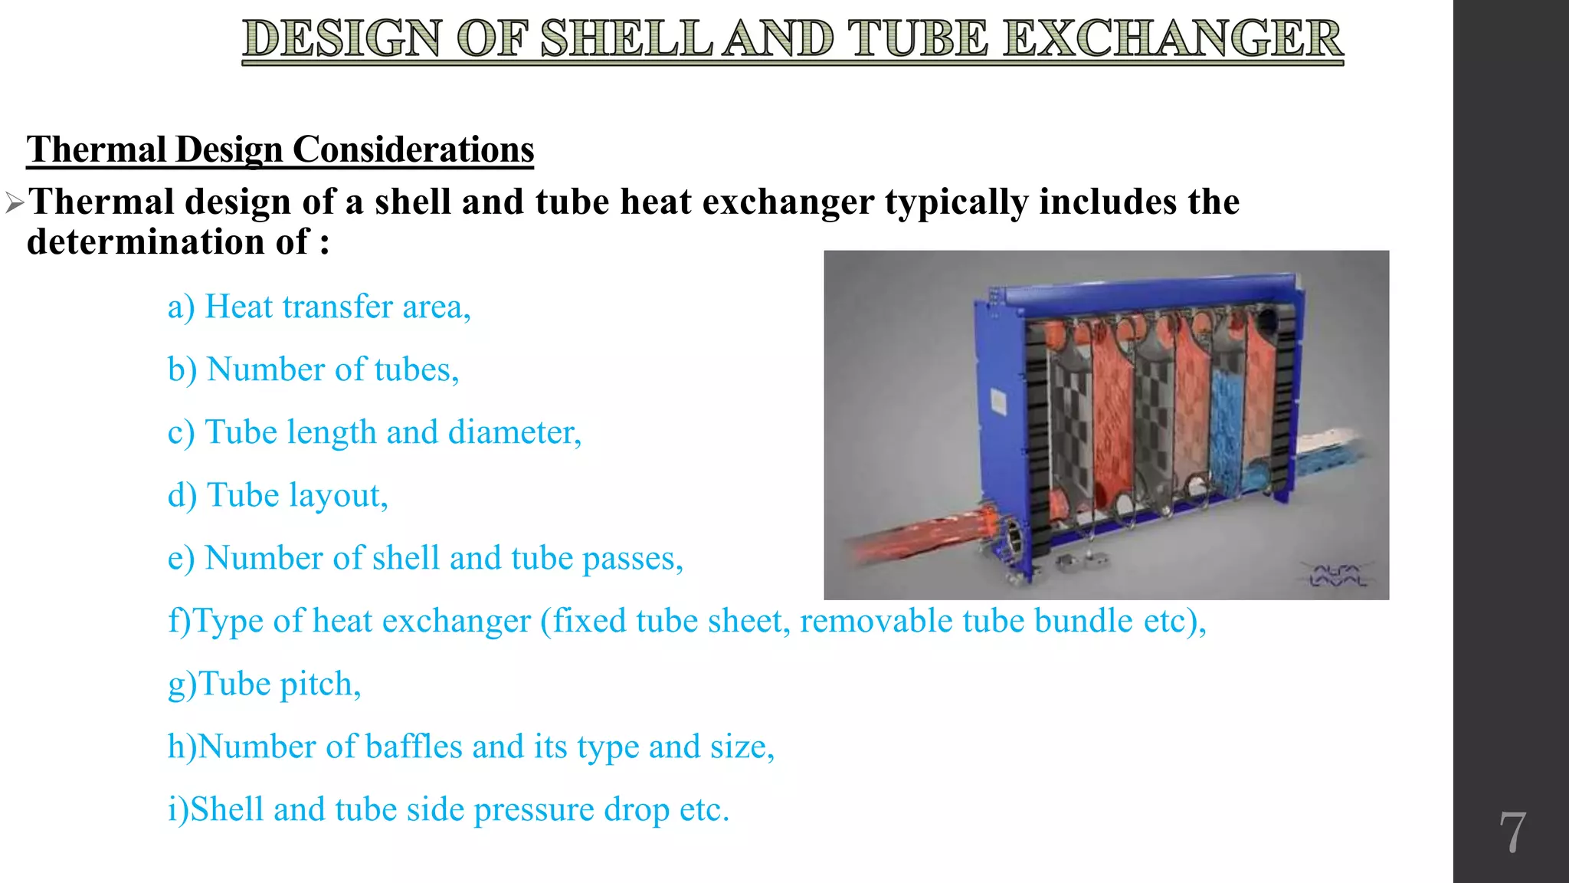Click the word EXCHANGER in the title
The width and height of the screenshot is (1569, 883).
pos(1173,39)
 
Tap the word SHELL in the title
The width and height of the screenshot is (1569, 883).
pos(626,39)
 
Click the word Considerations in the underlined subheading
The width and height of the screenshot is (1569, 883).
pos(413,149)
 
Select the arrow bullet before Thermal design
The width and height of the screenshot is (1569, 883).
pos(15,203)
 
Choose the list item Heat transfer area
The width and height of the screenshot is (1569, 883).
pos(319,307)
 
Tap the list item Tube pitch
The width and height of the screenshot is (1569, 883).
pos(264,684)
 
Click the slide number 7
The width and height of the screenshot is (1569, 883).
pos(1512,832)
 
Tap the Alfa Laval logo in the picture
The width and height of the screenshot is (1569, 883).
pos(1337,576)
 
